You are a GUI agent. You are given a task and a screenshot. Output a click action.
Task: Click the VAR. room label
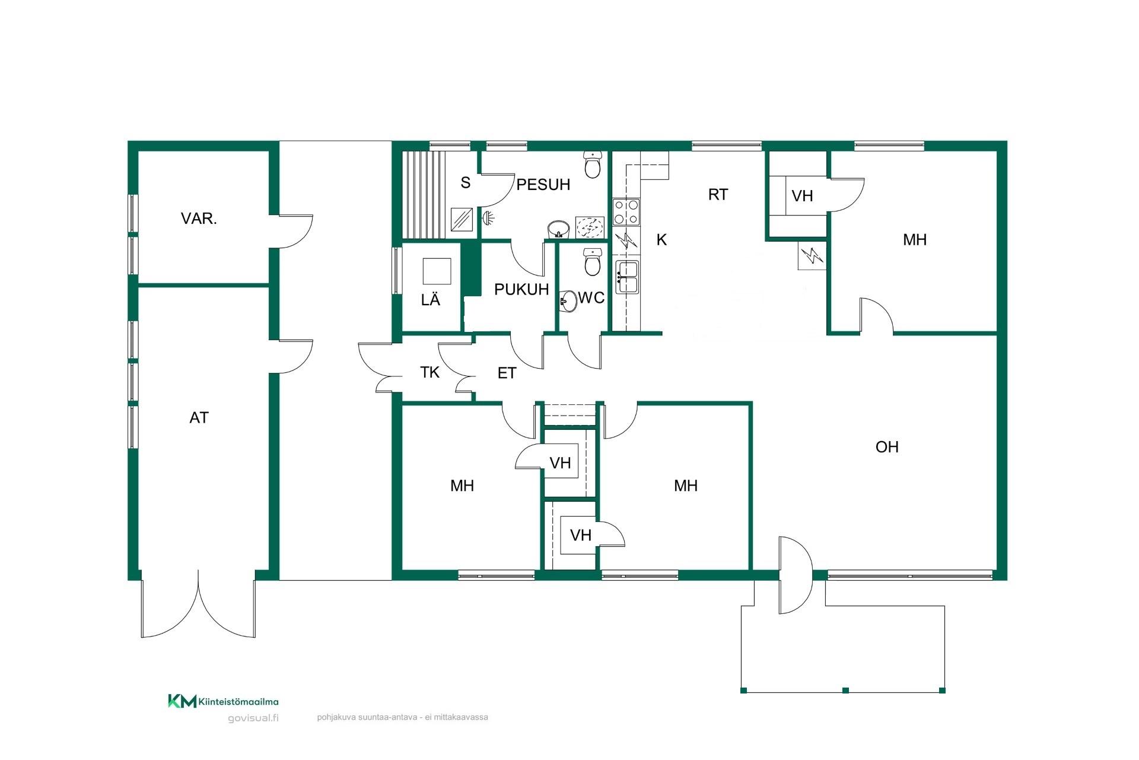point(199,218)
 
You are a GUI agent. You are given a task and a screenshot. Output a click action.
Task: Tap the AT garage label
point(199,418)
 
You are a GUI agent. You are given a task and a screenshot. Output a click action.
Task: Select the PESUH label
point(543,185)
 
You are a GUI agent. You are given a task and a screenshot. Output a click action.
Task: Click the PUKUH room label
point(521,290)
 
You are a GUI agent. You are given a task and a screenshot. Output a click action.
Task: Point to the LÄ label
point(431,300)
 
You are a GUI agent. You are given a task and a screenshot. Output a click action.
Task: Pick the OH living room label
point(887,447)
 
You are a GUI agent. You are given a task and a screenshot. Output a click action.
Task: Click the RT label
point(718,195)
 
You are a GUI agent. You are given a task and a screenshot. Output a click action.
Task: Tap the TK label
point(429,372)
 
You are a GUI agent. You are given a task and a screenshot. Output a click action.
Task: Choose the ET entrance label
point(507,373)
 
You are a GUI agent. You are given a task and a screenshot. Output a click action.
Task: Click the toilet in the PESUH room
point(593,165)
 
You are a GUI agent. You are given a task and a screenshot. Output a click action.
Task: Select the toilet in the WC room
point(593,262)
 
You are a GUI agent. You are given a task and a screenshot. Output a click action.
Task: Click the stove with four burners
point(626,213)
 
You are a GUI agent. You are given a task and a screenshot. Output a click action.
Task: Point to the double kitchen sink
point(626,277)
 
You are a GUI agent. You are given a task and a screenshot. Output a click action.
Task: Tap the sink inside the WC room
point(568,301)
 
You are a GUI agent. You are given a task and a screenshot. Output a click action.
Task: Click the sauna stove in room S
point(462,220)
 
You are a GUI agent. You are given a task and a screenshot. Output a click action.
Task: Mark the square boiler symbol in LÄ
point(437,271)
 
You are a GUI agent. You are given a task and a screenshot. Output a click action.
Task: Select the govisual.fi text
point(253,718)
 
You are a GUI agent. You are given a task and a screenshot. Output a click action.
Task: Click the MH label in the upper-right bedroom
point(915,240)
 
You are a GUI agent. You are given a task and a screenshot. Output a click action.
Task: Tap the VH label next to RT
point(802,196)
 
